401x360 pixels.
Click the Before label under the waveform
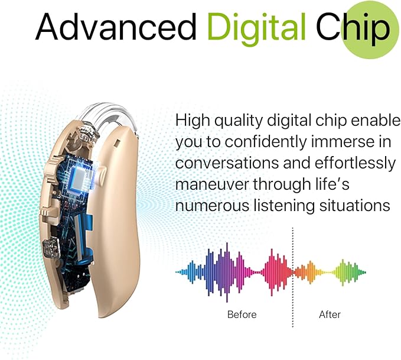click(x=242, y=314)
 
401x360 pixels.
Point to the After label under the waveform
click(x=330, y=314)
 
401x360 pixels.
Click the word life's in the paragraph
click(x=328, y=184)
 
